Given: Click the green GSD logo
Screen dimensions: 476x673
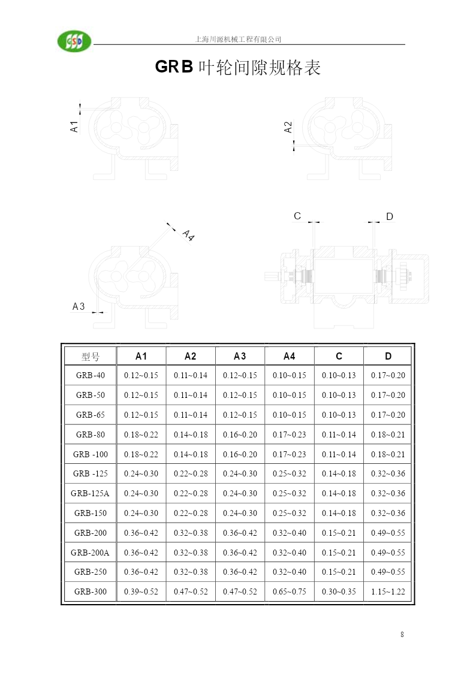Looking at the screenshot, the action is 74,41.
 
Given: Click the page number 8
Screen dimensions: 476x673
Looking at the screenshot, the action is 402,635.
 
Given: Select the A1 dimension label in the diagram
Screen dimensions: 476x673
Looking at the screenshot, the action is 74,126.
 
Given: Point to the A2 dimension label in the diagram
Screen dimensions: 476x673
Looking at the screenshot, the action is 288,127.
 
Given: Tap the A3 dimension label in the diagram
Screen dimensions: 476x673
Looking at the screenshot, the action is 79,306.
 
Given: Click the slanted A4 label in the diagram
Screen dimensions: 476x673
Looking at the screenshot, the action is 188,235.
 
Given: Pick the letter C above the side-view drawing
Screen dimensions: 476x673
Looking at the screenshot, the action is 297,216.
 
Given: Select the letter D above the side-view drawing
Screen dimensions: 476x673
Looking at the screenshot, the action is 389,216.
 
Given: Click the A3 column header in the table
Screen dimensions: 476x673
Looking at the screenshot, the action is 240,356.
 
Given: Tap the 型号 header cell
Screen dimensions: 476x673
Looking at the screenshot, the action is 90,357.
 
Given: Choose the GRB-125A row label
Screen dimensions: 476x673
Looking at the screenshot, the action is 90,494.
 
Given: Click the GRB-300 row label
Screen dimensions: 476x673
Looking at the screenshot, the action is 90,592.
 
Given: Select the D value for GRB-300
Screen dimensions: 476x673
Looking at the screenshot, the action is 388,592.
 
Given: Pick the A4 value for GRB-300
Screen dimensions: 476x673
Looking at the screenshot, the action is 290,592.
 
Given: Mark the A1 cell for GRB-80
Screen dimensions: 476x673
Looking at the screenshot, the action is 141,435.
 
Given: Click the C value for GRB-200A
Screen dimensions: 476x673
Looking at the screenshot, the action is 339,553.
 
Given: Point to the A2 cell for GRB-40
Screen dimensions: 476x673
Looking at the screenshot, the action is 191,376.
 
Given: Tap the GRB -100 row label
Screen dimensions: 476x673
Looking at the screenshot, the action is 90,454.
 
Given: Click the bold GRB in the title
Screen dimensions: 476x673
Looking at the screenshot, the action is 174,67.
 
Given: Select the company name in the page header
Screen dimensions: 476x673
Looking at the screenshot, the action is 238,40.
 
